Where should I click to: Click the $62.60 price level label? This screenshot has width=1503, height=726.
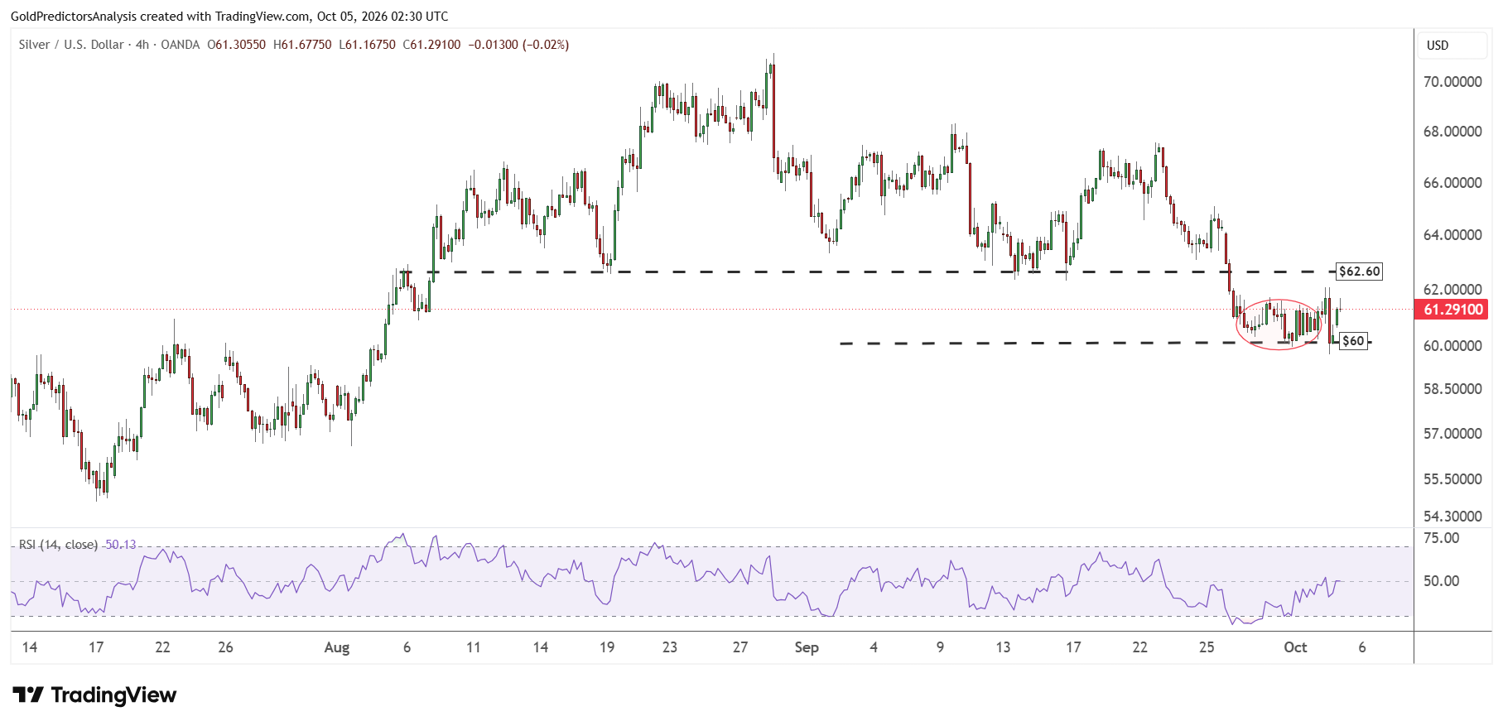(1360, 272)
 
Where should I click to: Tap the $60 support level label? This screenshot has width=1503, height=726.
(1353, 341)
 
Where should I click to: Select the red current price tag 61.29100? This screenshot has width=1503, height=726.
(1453, 310)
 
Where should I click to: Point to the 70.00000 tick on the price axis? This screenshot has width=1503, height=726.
(1452, 82)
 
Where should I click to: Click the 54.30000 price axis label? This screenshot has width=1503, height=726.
(1452, 517)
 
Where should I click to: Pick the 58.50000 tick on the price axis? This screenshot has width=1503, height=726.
(1452, 389)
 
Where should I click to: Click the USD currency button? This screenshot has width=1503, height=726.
(1438, 46)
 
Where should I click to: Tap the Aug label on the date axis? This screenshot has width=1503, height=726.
(337, 647)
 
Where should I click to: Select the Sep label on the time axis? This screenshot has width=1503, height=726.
(807, 647)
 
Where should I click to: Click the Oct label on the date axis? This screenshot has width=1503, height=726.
(1295, 647)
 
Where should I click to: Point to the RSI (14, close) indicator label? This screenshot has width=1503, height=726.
(58, 545)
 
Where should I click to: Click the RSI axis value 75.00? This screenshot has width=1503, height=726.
(1441, 538)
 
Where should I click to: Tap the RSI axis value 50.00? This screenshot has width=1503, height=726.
(1441, 581)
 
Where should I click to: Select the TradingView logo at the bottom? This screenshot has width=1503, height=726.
(94, 695)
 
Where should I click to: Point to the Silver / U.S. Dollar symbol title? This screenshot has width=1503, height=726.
(71, 45)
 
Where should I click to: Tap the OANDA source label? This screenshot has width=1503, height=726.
(181, 45)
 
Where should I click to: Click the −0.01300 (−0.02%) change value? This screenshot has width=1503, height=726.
(518, 45)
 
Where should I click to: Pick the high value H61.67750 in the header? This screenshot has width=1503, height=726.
(302, 45)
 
